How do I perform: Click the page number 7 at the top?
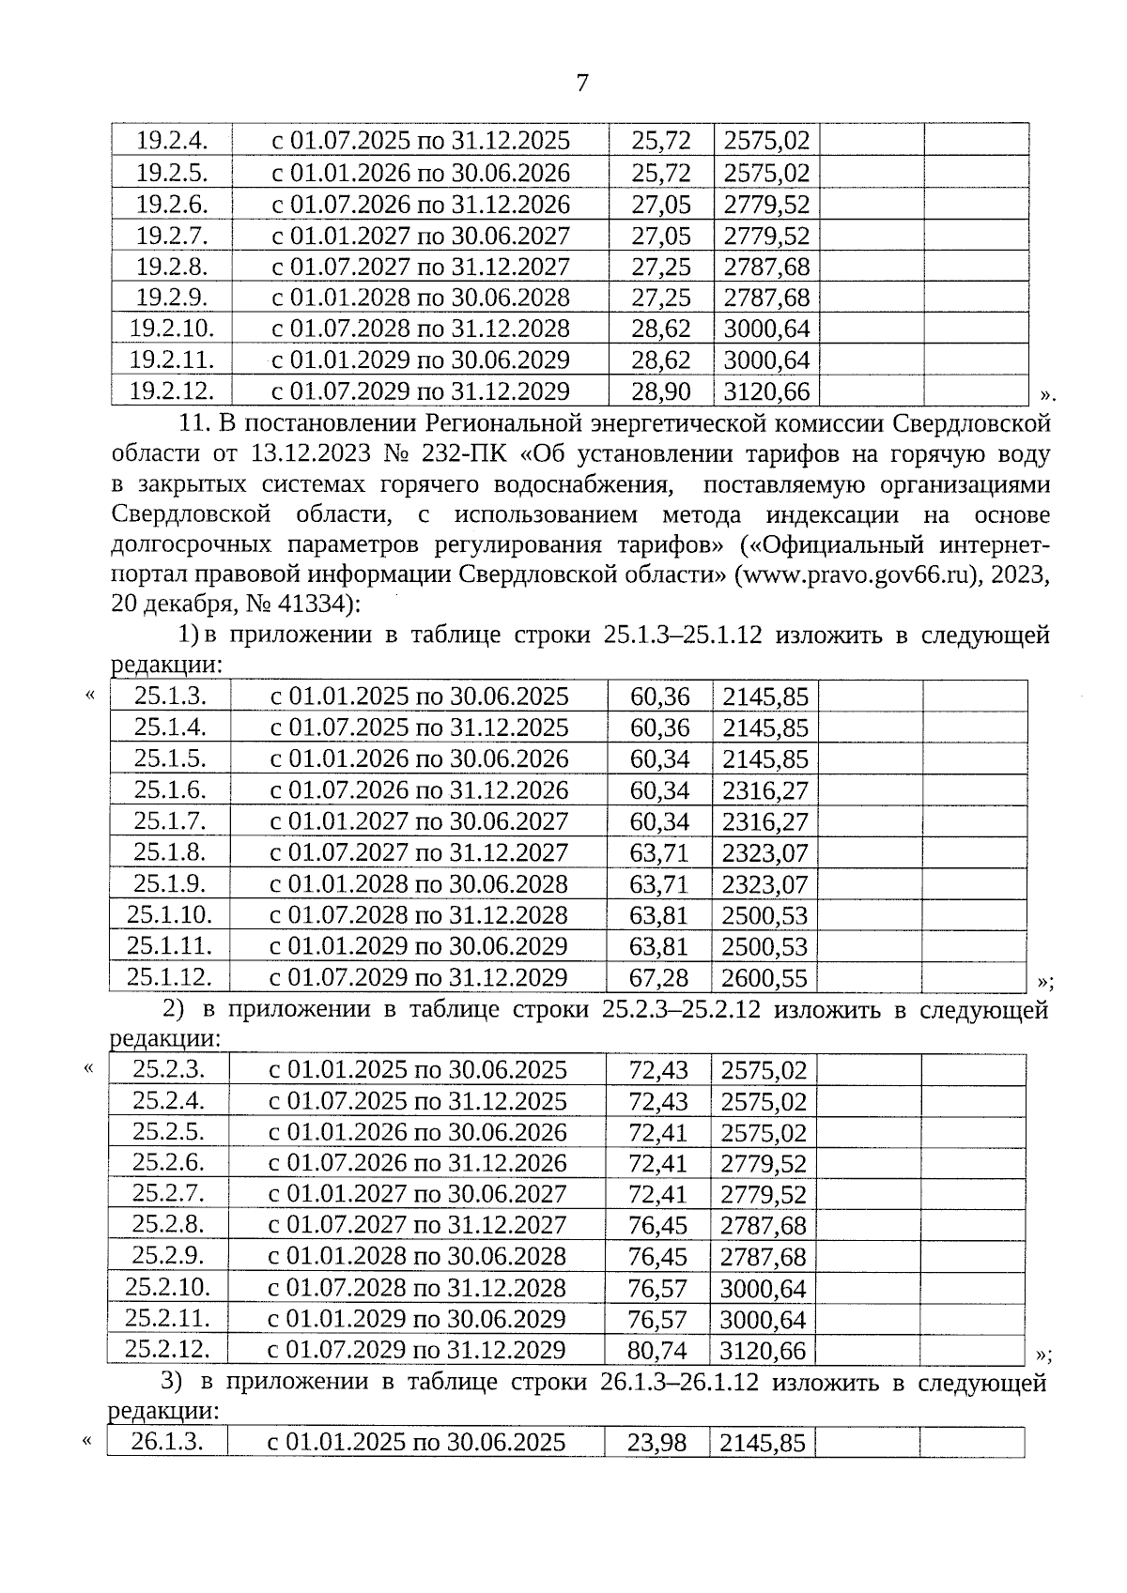pyautogui.click(x=582, y=83)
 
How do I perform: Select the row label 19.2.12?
pyautogui.click(x=172, y=390)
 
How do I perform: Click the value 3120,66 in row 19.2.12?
pyautogui.click(x=766, y=391)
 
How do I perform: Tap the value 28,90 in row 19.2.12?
pyautogui.click(x=661, y=391)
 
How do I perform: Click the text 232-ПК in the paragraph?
pyautogui.click(x=461, y=453)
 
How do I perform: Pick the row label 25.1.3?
pyautogui.click(x=170, y=696)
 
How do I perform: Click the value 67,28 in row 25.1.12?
pyautogui.click(x=658, y=977)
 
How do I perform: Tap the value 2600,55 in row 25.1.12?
pyautogui.click(x=764, y=977)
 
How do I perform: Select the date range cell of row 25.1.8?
pyautogui.click(x=419, y=852)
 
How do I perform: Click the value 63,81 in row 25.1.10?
pyautogui.click(x=658, y=915)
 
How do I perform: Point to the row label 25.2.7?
pyautogui.click(x=168, y=1193)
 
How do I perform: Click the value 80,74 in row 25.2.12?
pyautogui.click(x=657, y=1350)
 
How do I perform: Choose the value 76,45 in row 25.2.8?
pyautogui.click(x=657, y=1225)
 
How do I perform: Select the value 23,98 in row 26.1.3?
pyautogui.click(x=657, y=1442)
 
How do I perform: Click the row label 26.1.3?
pyautogui.click(x=167, y=1441)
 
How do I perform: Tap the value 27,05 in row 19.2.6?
pyautogui.click(x=661, y=204)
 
